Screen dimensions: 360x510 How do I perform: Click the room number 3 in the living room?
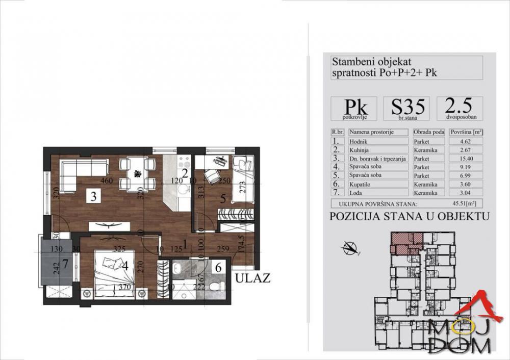[x=93, y=197]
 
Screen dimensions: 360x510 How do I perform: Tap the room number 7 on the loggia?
[x=64, y=264]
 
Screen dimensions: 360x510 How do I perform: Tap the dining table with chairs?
[x=137, y=173]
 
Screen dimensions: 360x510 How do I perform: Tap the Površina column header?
[x=466, y=132]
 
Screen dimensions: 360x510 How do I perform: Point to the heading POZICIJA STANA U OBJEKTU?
[x=409, y=216]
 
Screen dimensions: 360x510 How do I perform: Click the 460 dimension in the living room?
[x=106, y=181]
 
